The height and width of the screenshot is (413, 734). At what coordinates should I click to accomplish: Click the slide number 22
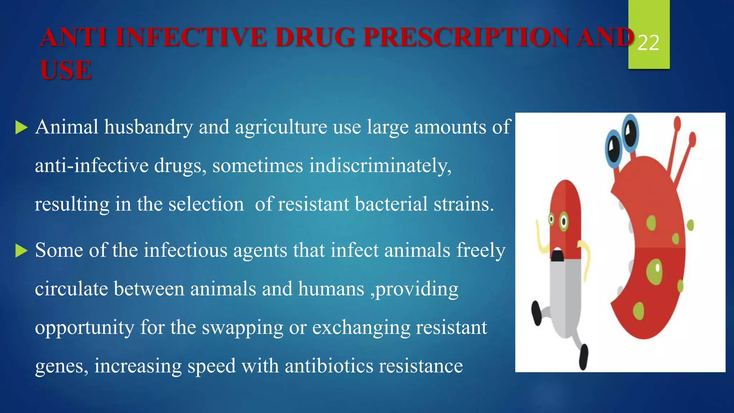(648, 43)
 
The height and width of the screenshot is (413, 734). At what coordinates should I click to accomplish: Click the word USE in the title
(66, 70)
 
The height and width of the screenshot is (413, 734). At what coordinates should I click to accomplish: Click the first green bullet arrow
(22, 127)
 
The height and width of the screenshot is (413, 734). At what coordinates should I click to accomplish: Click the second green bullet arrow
(22, 251)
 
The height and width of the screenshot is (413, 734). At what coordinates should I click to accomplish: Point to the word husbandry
(148, 127)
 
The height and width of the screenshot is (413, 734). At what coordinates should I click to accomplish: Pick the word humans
(331, 289)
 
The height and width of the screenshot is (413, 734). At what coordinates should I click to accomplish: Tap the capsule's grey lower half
(566, 298)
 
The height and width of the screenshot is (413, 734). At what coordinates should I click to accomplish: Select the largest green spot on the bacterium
(654, 272)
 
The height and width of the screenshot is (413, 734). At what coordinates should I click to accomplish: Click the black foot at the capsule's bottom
(583, 357)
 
